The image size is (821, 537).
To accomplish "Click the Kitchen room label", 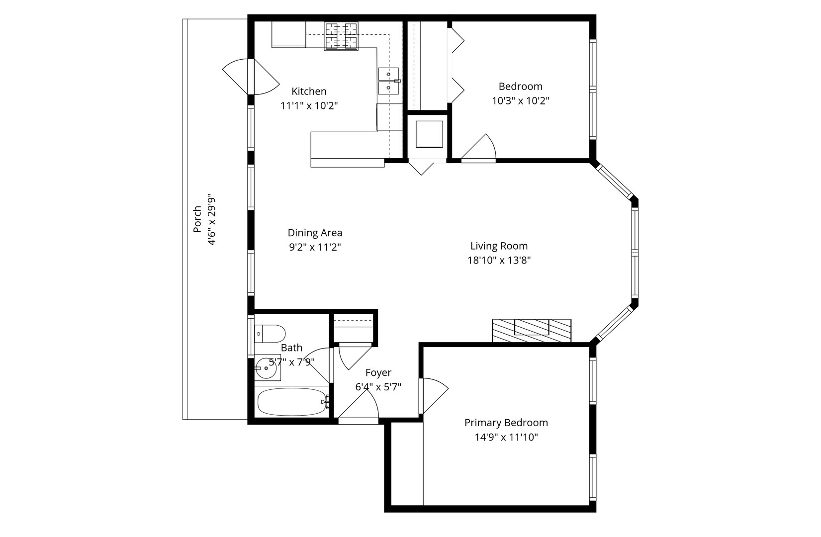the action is (x=309, y=91).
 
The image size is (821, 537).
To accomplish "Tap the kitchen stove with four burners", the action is (x=341, y=36).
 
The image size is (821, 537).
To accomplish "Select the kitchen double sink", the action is (x=388, y=81).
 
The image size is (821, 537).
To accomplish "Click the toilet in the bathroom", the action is (x=270, y=334).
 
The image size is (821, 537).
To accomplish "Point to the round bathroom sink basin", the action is (x=266, y=368).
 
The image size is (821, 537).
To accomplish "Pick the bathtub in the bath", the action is (x=291, y=402).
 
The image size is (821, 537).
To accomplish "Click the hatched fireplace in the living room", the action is (x=532, y=331).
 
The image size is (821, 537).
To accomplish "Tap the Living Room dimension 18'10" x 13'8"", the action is (x=499, y=260).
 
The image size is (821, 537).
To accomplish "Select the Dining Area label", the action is (x=315, y=233).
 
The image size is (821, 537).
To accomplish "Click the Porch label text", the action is (x=197, y=219).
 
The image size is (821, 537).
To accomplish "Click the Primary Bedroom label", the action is (x=506, y=423).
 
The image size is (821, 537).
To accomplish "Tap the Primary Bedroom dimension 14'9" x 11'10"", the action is (x=506, y=437).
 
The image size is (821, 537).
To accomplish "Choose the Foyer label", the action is (x=378, y=372).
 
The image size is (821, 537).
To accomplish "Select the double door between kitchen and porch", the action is (x=251, y=77).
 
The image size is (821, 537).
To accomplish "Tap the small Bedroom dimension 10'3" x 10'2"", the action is (x=521, y=101).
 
